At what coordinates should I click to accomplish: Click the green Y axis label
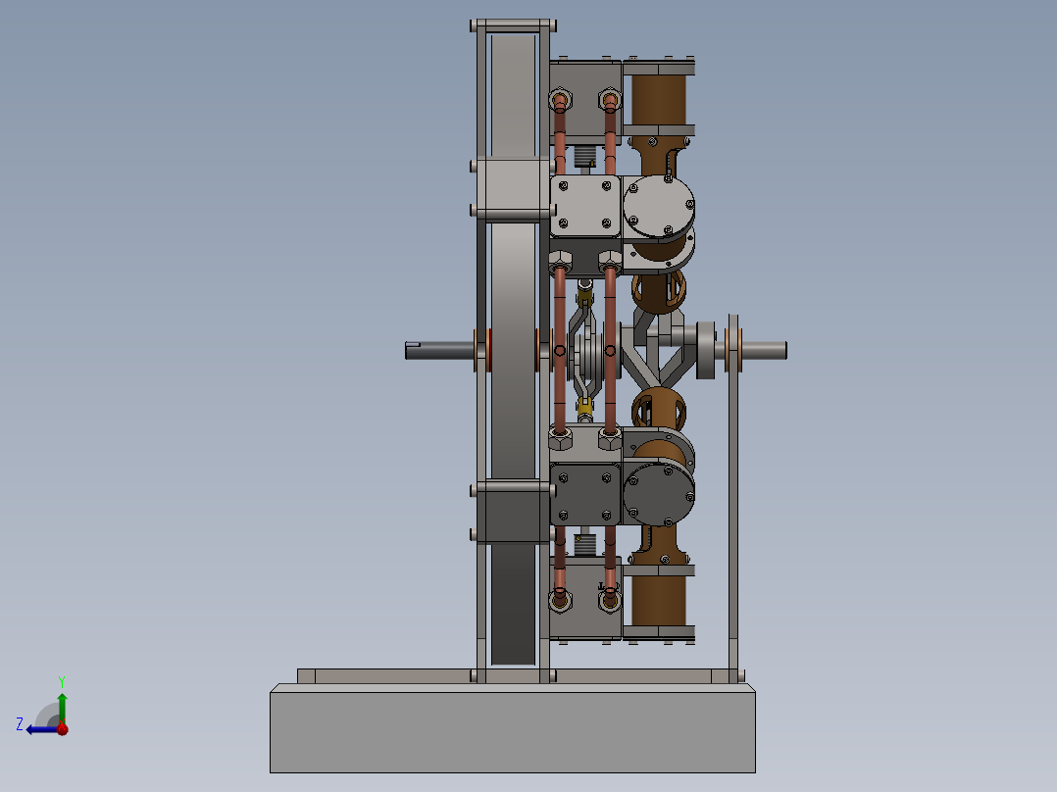61,680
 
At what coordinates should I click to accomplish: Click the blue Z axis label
20,723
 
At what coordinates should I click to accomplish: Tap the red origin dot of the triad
62,728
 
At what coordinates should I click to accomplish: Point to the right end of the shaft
775,349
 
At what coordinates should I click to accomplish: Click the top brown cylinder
659,100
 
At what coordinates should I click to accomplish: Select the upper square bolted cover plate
586,207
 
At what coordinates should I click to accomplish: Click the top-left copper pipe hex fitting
561,100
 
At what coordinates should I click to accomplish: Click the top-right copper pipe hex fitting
610,100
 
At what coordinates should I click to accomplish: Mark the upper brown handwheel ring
659,290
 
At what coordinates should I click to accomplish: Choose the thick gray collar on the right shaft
705,349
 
